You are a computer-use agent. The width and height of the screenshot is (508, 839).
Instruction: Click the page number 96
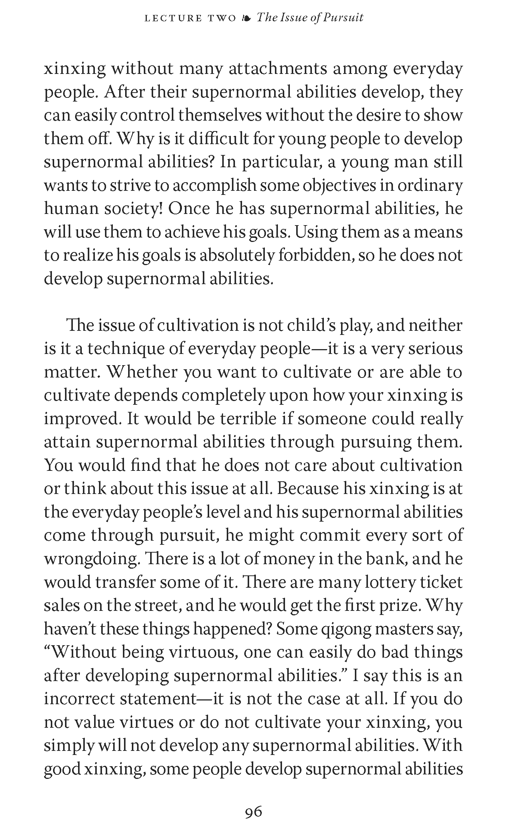pyautogui.click(x=253, y=811)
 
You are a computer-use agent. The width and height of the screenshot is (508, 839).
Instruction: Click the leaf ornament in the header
pyautogui.click(x=246, y=18)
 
